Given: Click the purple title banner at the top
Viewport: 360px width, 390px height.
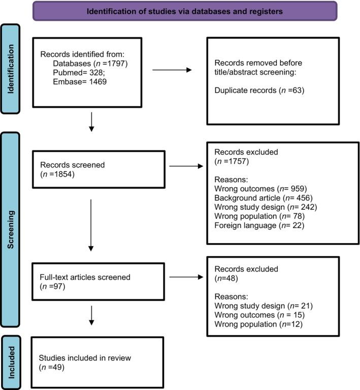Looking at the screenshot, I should click(x=185, y=11).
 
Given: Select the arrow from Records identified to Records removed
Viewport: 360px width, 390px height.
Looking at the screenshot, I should click(x=173, y=70).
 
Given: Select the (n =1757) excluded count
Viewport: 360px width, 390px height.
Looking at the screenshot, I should click(x=228, y=162).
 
